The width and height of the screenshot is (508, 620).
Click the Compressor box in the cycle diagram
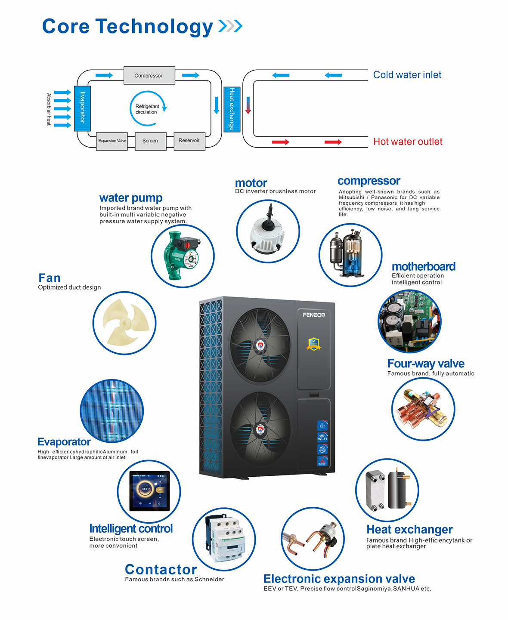click(x=149, y=75)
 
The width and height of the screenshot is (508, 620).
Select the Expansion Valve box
click(x=112, y=141)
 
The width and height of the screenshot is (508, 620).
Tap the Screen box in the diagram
click(x=150, y=141)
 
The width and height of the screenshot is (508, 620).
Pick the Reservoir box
click(x=189, y=141)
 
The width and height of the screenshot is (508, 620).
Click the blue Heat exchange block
click(x=232, y=109)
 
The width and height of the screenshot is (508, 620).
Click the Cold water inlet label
click(x=407, y=75)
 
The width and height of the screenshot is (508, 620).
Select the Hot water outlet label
click(x=407, y=142)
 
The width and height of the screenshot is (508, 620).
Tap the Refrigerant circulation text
click(x=147, y=109)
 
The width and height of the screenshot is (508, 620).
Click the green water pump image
click(x=182, y=256)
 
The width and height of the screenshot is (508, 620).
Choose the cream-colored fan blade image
click(x=124, y=323)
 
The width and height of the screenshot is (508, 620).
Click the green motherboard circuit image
click(x=409, y=321)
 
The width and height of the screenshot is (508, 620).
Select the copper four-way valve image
click(x=423, y=409)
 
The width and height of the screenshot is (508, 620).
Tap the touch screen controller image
click(x=149, y=491)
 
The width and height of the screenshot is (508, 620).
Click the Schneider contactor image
click(x=224, y=539)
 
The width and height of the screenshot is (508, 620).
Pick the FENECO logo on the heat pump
click(x=313, y=315)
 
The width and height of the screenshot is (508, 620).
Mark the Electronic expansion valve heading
click(x=339, y=579)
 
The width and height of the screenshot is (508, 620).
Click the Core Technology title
click(x=127, y=26)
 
